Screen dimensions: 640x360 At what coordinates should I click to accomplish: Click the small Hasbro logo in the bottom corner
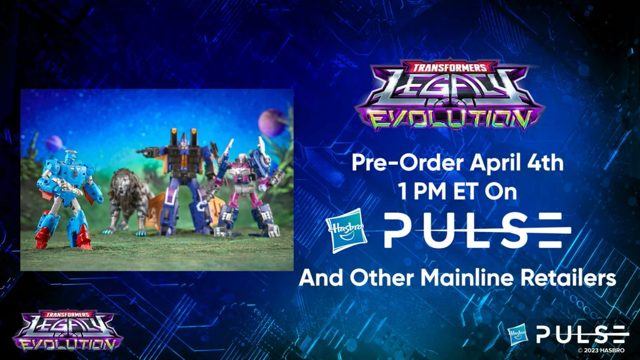tap(518, 334)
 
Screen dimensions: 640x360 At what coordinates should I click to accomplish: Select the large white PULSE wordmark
tap(477, 230)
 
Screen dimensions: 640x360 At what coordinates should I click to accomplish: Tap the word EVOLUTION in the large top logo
tap(451, 121)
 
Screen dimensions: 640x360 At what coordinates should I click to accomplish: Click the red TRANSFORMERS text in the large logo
tap(450, 67)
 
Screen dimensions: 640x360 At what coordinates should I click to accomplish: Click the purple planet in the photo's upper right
tap(271, 122)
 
